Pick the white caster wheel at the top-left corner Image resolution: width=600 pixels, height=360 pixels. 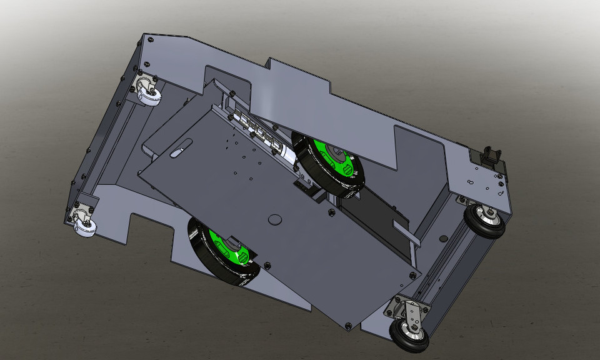coord(150,96)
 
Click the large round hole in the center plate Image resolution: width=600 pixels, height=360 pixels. coord(274,219)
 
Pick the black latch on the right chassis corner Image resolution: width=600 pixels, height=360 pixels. coord(491,156)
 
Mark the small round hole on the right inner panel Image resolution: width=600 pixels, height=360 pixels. coord(443,238)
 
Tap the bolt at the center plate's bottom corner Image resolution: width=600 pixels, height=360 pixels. coord(348,325)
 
